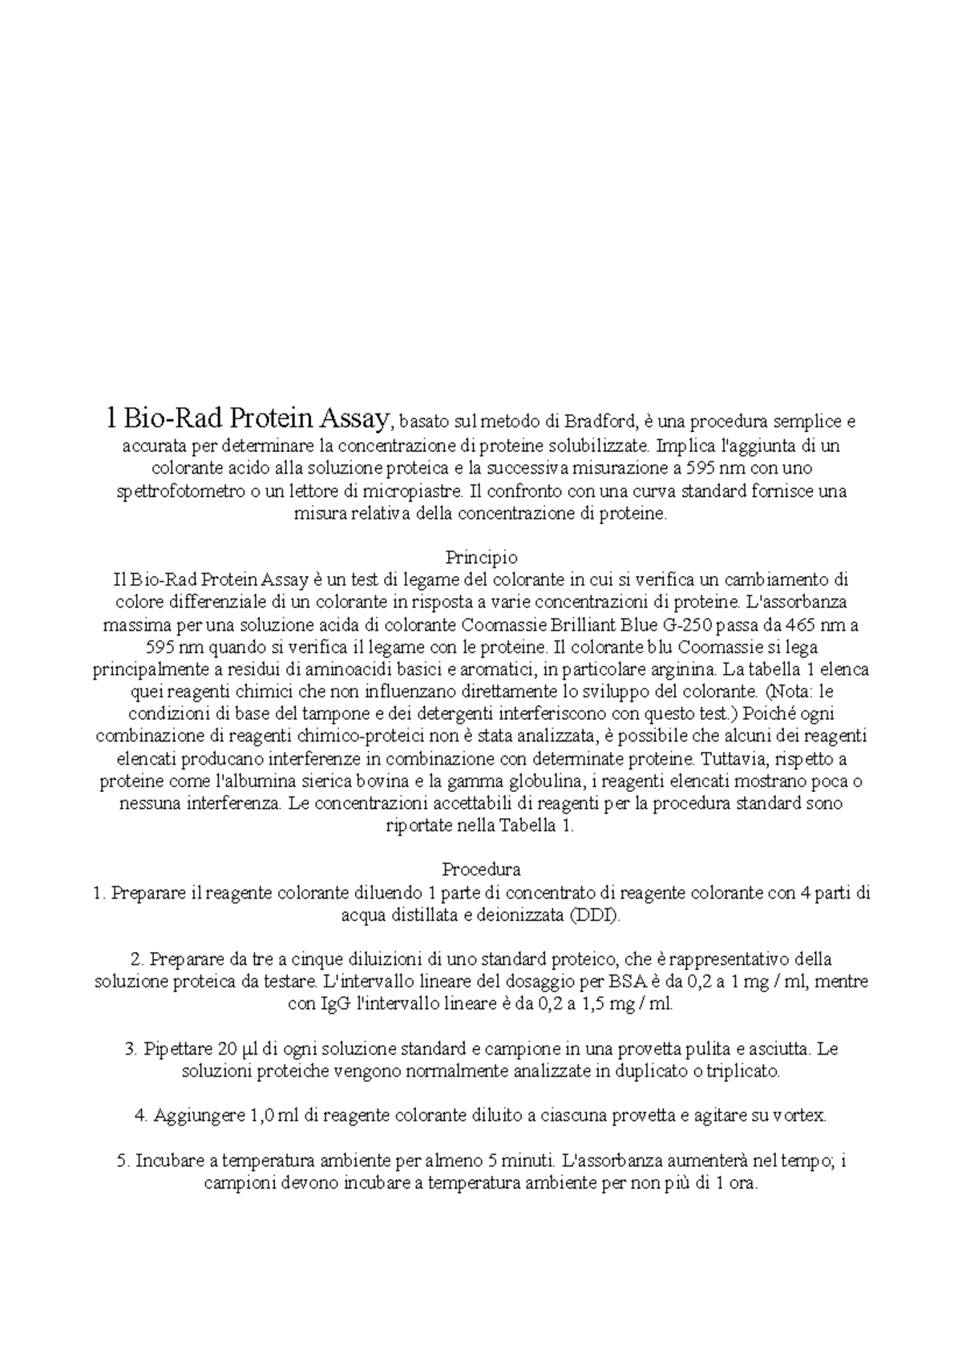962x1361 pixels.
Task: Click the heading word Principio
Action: [x=481, y=557]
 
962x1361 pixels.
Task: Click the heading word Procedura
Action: [x=481, y=870]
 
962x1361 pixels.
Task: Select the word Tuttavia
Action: [x=729, y=758]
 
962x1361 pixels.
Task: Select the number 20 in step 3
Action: [x=226, y=1049]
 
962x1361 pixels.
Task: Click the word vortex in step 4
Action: [x=797, y=1116]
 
